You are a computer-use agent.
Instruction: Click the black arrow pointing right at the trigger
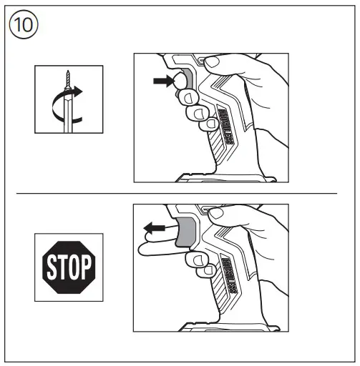162,82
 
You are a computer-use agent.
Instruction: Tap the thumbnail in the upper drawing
213,63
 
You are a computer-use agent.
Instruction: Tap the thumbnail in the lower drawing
214,212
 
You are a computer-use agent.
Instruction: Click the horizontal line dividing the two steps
177,192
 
